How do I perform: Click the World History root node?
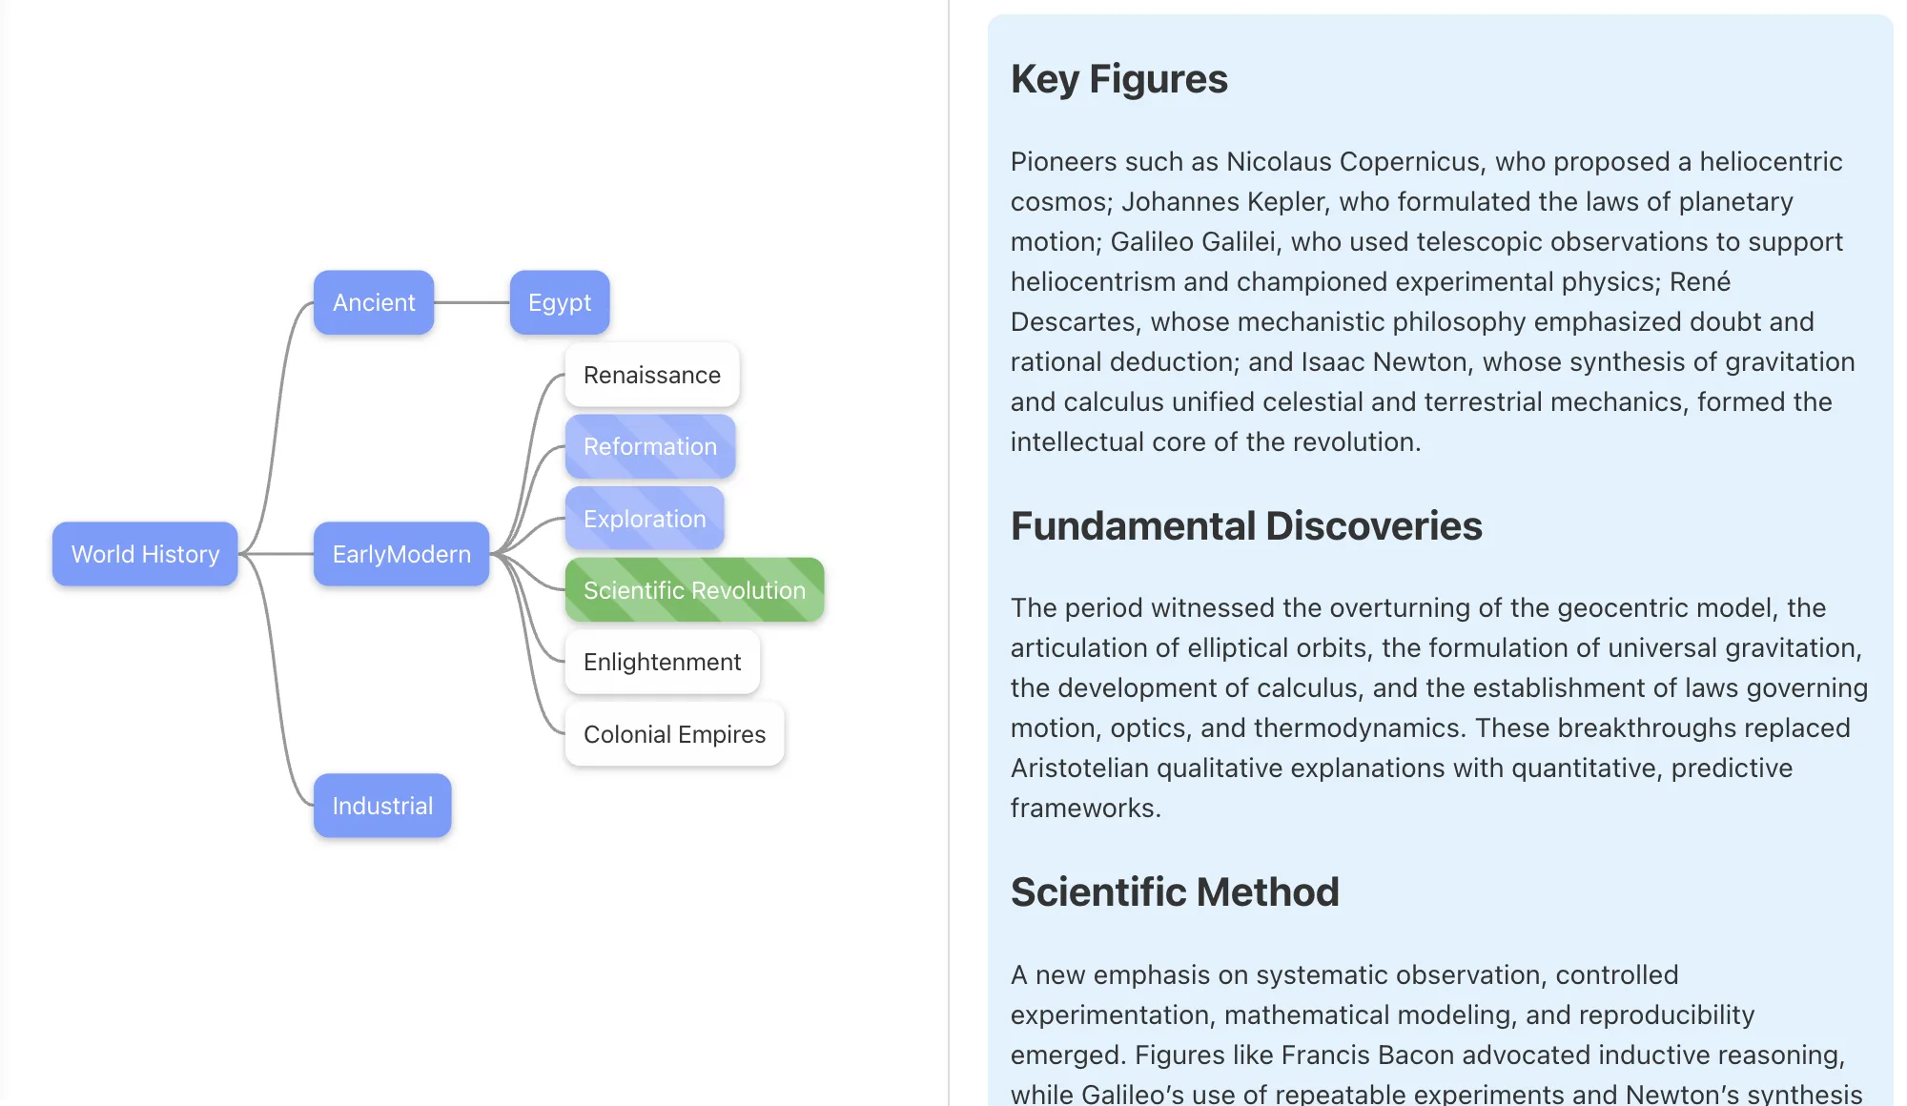(145, 554)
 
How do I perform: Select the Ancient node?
(374, 302)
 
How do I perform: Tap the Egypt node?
(560, 302)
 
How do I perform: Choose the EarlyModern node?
(401, 554)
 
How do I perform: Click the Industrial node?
(382, 806)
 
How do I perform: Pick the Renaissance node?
(652, 375)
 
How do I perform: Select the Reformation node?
(650, 446)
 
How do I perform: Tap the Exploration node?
(645, 519)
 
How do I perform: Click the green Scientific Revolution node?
(694, 590)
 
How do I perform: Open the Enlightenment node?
(662, 662)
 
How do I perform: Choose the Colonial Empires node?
(674, 734)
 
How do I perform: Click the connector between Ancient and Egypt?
(472, 302)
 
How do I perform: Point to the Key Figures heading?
(1119, 79)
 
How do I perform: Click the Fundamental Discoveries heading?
(1246, 526)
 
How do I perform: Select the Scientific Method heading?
(1175, 892)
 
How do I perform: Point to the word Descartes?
(1073, 322)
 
